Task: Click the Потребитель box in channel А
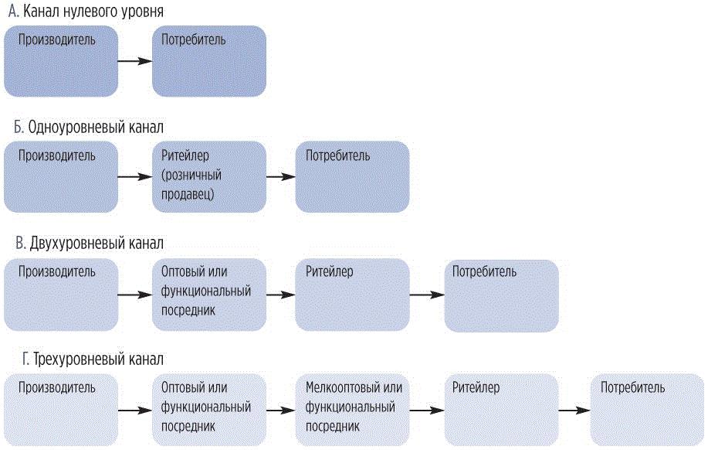pyautogui.click(x=209, y=61)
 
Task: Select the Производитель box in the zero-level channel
pyautogui.click(x=61, y=61)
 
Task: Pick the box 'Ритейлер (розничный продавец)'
pyautogui.click(x=209, y=177)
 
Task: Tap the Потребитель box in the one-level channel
pyautogui.click(x=352, y=177)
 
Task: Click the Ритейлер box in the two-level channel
pyautogui.click(x=352, y=295)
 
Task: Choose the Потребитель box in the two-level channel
pyautogui.click(x=501, y=295)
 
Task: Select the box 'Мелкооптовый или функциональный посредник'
pyautogui.click(x=352, y=410)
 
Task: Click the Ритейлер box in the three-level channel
pyautogui.click(x=501, y=410)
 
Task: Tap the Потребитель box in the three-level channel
pyautogui.click(x=648, y=410)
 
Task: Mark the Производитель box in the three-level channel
pyautogui.click(x=61, y=410)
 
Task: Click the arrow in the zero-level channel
pyautogui.click(x=135, y=61)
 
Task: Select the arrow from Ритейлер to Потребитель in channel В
pyautogui.click(x=427, y=295)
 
